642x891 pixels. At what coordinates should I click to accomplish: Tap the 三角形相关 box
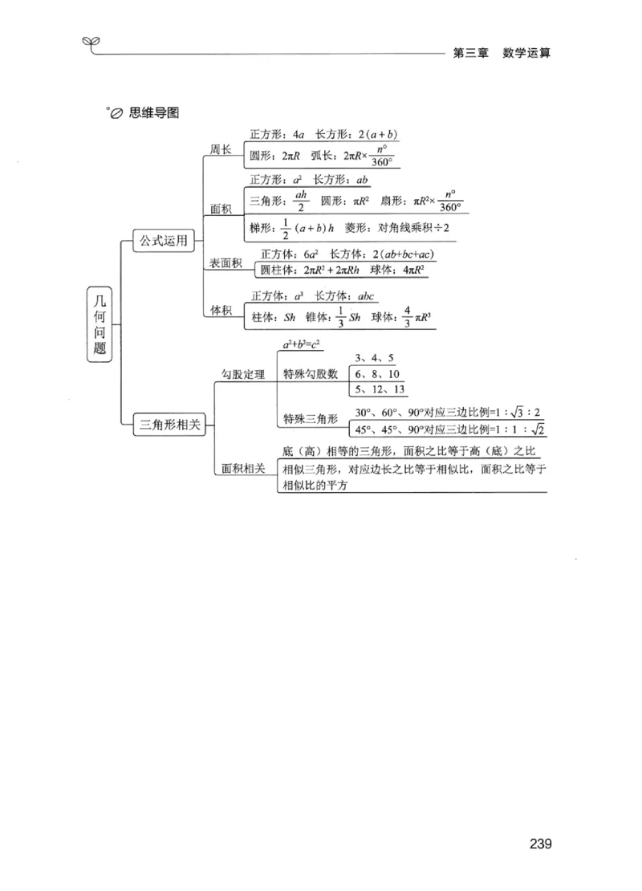pyautogui.click(x=169, y=425)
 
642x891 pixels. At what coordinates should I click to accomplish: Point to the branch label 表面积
pyautogui.click(x=226, y=262)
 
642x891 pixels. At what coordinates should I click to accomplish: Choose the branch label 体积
pyautogui.click(x=221, y=309)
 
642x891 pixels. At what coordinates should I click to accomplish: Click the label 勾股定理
pyautogui.click(x=242, y=374)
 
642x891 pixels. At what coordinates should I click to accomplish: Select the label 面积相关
pyautogui.click(x=242, y=468)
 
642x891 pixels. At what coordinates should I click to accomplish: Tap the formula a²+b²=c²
pyautogui.click(x=300, y=345)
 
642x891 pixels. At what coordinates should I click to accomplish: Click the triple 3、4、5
pyautogui.click(x=373, y=359)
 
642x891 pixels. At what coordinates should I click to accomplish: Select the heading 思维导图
pyautogui.click(x=153, y=112)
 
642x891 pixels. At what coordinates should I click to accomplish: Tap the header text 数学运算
pyautogui.click(x=527, y=53)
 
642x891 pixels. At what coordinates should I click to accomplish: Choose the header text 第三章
pyautogui.click(x=470, y=53)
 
